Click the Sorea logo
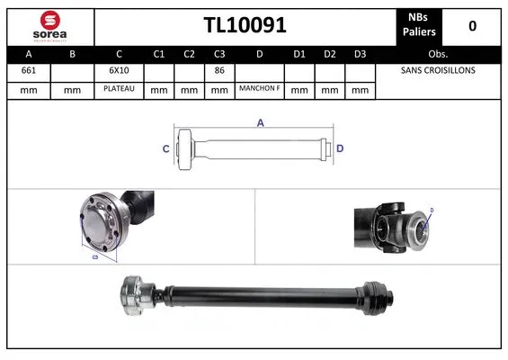tap(49, 26)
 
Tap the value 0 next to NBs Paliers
tap(472, 26)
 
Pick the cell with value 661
tap(28, 70)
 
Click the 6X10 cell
tap(119, 70)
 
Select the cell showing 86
tap(218, 70)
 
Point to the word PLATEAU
tap(119, 89)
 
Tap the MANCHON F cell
tap(259, 89)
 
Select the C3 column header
tap(218, 53)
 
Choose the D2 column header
tap(330, 53)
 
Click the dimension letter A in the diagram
tap(260, 123)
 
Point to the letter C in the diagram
tap(165, 148)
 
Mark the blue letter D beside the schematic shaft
tap(341, 148)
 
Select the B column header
tap(73, 53)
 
